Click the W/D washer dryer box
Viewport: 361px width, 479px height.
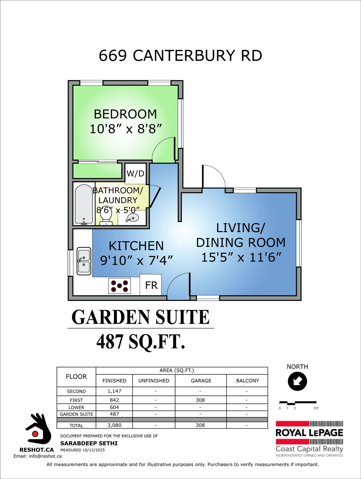click(x=136, y=173)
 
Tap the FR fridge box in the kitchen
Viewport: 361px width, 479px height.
click(x=151, y=285)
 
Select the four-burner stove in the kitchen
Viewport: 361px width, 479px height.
click(x=119, y=286)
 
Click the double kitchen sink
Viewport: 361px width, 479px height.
click(x=84, y=261)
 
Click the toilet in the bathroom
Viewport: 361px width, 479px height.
click(x=106, y=217)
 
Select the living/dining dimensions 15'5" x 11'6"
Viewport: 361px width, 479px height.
click(x=241, y=257)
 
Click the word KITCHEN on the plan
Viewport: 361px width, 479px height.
click(x=136, y=246)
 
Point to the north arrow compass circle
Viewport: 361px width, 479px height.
click(x=297, y=381)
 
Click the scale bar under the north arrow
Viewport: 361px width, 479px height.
click(x=298, y=403)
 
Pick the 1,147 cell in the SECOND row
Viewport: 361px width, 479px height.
click(x=114, y=391)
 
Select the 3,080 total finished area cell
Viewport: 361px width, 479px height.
click(x=114, y=425)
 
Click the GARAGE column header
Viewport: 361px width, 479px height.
click(x=201, y=380)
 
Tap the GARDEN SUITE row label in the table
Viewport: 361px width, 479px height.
click(x=76, y=414)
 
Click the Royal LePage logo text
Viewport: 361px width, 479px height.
click(x=309, y=433)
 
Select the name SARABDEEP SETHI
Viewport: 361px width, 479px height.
click(x=89, y=443)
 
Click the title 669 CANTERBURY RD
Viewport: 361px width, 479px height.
click(x=180, y=56)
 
